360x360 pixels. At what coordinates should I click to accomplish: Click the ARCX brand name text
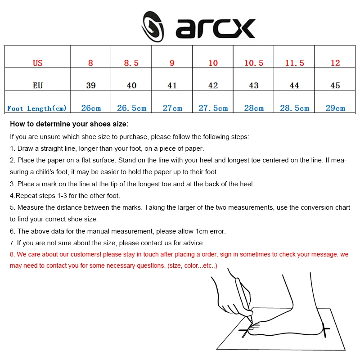pyautogui.click(x=216, y=28)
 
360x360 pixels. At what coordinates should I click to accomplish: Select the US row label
pyautogui.click(x=38, y=63)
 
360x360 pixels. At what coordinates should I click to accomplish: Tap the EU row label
pyautogui.click(x=38, y=85)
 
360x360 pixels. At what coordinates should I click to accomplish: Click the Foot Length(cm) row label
pyautogui.click(x=37, y=108)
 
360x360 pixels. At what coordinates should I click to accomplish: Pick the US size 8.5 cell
pyautogui.click(x=131, y=63)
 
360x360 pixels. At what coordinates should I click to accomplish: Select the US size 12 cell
pyautogui.click(x=335, y=63)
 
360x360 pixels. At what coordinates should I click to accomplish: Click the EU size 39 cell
pyautogui.click(x=90, y=85)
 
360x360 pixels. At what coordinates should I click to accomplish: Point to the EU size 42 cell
pyautogui.click(x=213, y=85)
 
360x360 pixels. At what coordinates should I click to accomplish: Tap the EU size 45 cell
pyautogui.click(x=335, y=85)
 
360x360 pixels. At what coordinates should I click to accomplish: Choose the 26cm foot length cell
pyautogui.click(x=91, y=108)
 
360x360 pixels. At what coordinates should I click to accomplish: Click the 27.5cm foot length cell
pyautogui.click(x=213, y=108)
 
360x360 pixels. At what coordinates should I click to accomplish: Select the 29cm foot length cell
pyautogui.click(x=335, y=108)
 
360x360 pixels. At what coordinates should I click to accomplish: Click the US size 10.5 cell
pyautogui.click(x=254, y=63)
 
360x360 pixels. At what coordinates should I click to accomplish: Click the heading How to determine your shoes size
pyautogui.click(x=69, y=124)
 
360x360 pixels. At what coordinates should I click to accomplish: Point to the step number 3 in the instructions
pyautogui.click(x=12, y=184)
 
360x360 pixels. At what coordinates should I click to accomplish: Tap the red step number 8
pyautogui.click(x=12, y=254)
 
